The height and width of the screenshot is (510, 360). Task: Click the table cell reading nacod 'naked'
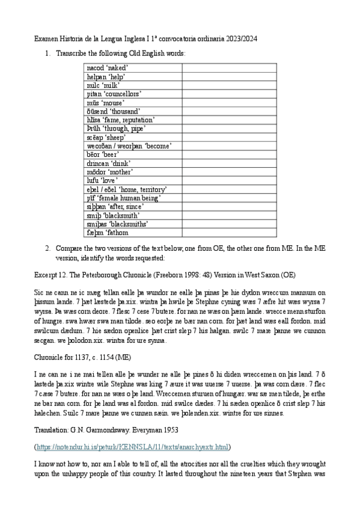133,68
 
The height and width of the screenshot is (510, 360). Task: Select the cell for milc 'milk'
133,85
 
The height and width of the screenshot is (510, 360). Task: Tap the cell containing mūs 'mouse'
133,102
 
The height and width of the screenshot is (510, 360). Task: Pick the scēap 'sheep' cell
133,137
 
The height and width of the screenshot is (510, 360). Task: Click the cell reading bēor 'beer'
133,155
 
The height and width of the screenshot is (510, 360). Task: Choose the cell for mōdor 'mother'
133,172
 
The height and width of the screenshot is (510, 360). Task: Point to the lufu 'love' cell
133,180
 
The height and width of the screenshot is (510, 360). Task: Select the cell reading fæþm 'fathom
133,232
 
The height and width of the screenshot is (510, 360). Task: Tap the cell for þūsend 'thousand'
133,111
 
